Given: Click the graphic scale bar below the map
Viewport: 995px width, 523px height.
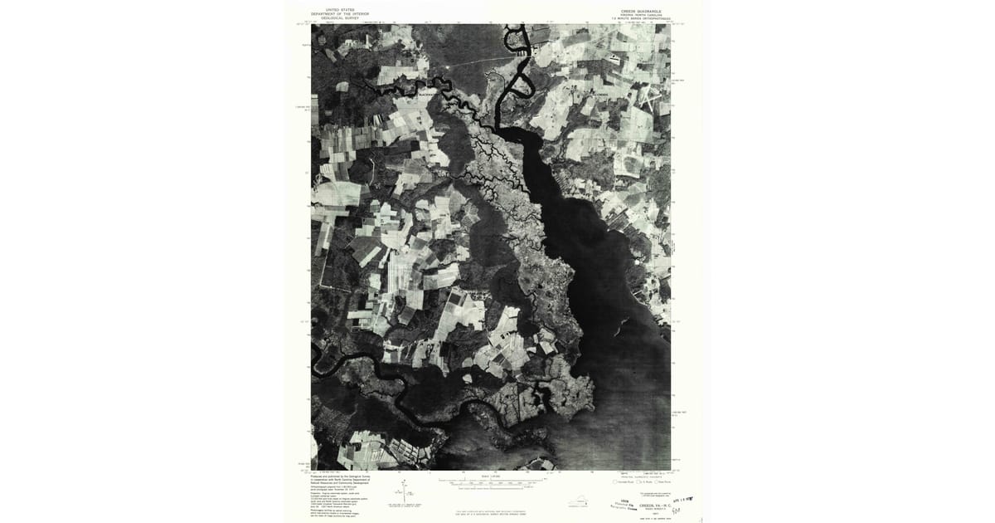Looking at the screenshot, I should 491,481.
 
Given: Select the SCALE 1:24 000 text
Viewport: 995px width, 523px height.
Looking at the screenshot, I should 491,475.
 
